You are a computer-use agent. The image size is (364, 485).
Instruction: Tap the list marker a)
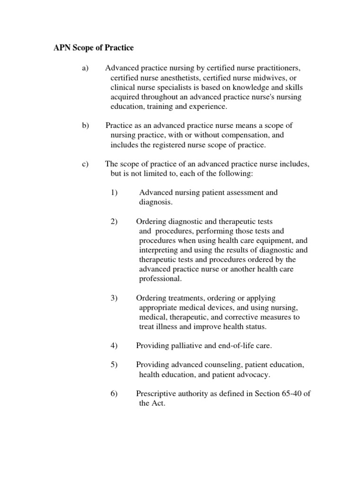pyautogui.click(x=85, y=68)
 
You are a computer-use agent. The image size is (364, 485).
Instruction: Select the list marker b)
pyautogui.click(x=85, y=126)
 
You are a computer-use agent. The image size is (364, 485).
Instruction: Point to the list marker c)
pyautogui.click(x=85, y=164)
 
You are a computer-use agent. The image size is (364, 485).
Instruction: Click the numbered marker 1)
pyautogui.click(x=114, y=192)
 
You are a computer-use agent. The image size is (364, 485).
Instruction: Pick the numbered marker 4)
pyautogui.click(x=114, y=346)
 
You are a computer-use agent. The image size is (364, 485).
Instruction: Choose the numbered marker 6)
pyautogui.click(x=114, y=394)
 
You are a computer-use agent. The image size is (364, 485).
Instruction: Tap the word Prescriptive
pyautogui.click(x=157, y=394)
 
